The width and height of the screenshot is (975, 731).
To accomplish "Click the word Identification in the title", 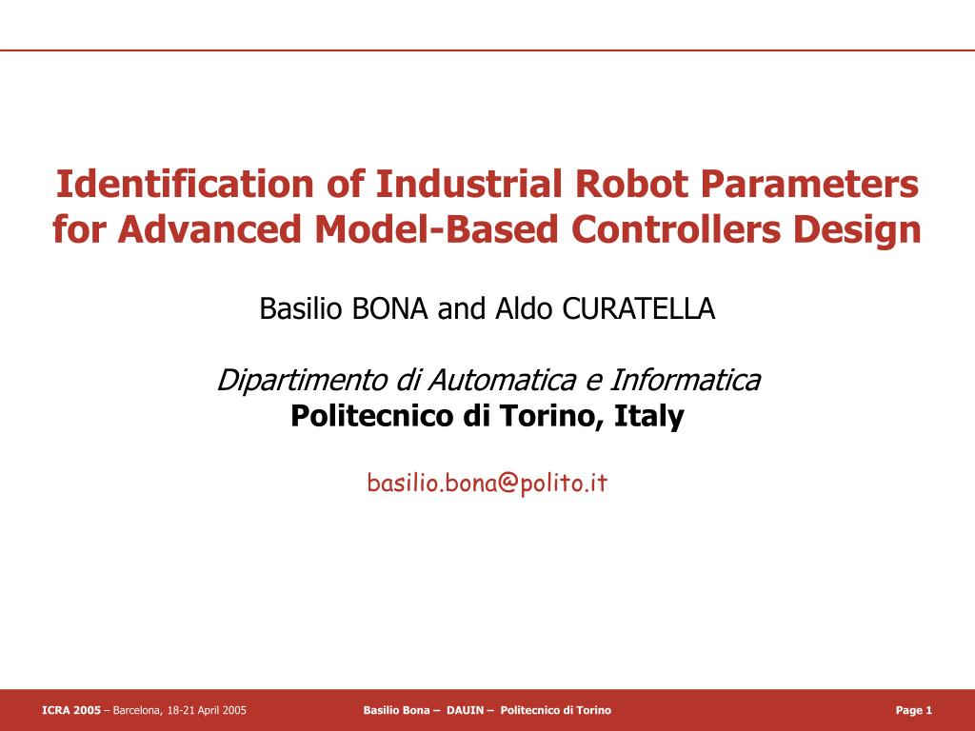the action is click(185, 184).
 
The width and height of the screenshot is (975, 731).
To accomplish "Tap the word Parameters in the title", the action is click(809, 184).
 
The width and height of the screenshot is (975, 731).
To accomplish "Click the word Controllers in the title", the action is click(675, 228).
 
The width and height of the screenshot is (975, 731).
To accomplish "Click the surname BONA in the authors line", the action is click(389, 308).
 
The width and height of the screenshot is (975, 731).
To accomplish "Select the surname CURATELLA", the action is click(639, 308).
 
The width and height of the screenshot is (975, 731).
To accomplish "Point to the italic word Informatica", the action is click(685, 380).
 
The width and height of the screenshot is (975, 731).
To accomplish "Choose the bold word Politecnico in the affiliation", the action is click(372, 417).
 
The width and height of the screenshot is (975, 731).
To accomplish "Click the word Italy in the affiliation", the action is click(649, 417).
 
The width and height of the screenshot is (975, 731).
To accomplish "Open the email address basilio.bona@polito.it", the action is click(487, 483).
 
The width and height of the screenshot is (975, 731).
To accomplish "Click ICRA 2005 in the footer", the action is click(70, 710).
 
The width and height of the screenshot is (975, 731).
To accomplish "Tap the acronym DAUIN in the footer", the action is click(465, 710).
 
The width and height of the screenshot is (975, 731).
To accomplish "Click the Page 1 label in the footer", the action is click(913, 710).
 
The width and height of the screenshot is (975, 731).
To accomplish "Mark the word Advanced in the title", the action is click(210, 228).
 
